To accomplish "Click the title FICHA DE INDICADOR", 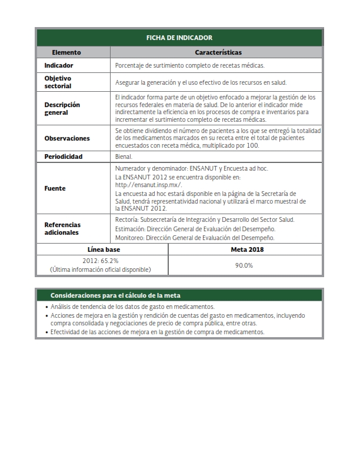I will [x=179, y=38].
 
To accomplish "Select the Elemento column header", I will [x=66, y=52].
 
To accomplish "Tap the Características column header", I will [x=218, y=52].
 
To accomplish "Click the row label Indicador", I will [x=59, y=65].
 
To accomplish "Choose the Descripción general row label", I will [x=62, y=108].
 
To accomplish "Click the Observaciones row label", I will [x=67, y=138].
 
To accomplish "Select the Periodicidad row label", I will [x=64, y=157].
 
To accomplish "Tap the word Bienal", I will [x=124, y=157].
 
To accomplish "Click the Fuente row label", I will [x=55, y=188].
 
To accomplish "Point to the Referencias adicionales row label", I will [x=62, y=228].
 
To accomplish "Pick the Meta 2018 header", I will [x=245, y=249].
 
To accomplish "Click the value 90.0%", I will [x=244, y=265].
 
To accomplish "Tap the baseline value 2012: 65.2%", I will [x=101, y=260].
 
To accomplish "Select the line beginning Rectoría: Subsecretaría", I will [x=205, y=219].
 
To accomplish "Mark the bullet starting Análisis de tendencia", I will [x=132, y=307].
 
